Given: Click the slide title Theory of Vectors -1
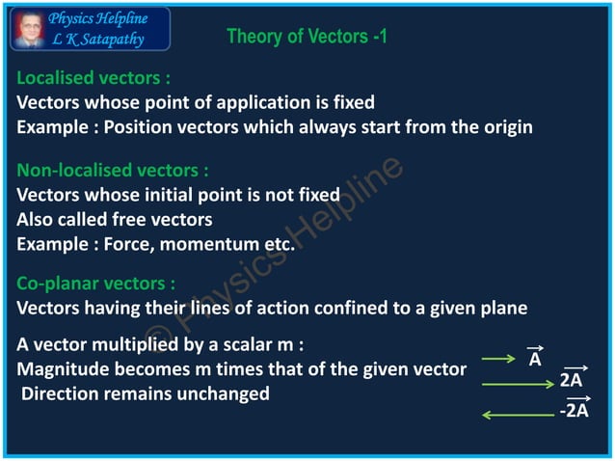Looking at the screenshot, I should point(307,38).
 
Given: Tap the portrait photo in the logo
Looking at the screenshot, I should point(26,29).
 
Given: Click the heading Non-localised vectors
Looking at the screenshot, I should point(113,171).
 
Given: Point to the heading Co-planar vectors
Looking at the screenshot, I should point(96,285).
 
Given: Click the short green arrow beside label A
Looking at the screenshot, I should point(499,360).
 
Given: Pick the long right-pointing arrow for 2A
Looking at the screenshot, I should point(518,386).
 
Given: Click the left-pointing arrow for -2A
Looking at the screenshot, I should point(518,415).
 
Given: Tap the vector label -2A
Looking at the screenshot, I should point(574,412).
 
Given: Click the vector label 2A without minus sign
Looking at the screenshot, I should point(572,380).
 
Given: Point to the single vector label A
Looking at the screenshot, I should point(535,359).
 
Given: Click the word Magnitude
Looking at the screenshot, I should point(65,369).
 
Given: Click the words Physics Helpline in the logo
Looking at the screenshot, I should point(98,19).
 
